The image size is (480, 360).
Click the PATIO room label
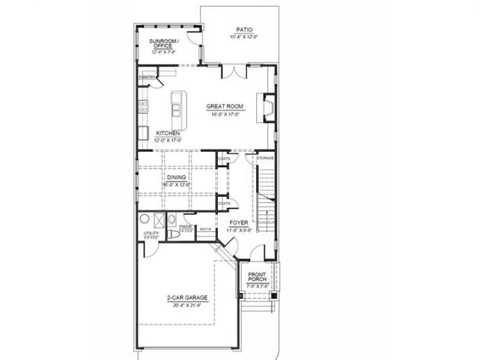tap(244, 30)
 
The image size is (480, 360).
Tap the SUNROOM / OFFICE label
tap(163, 44)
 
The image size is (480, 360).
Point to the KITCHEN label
tap(167, 133)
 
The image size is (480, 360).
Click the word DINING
tap(177, 177)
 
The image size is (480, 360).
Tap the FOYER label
tap(239, 222)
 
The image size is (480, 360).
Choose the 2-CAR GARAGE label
tap(187, 297)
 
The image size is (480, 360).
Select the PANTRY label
tap(147, 77)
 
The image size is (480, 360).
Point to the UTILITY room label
tap(151, 233)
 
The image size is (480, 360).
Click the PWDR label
tap(186, 227)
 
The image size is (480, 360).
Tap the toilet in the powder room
tap(174, 235)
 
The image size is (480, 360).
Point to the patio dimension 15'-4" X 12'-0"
tap(244, 37)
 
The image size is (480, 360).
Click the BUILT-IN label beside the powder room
tap(206, 228)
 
